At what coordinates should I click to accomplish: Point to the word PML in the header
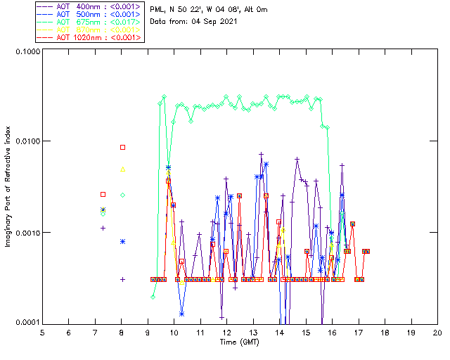(x=157, y=10)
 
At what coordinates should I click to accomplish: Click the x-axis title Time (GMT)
(x=239, y=342)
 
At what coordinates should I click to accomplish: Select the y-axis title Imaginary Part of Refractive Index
(x=9, y=187)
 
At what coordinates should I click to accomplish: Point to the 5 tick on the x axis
(x=42, y=333)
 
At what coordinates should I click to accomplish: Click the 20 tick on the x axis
(x=437, y=333)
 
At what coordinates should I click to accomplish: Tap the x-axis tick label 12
(x=226, y=333)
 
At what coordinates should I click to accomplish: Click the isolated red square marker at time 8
(x=122, y=147)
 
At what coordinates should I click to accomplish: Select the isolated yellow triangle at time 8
(x=122, y=169)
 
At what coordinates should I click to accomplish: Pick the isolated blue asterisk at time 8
(x=122, y=241)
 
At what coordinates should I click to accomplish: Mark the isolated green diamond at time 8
(x=122, y=195)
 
